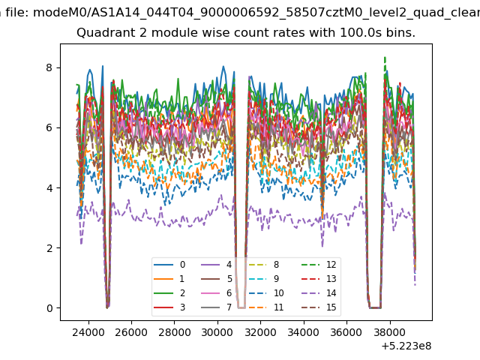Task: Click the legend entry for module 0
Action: coord(169,265)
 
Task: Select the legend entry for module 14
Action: coord(319,293)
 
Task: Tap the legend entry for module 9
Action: coord(264,278)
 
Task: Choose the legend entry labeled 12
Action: coord(319,265)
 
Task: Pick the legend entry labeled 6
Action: coord(217,293)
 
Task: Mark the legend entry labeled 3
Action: coord(169,307)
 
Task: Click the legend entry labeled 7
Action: coord(217,307)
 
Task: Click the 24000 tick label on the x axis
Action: coord(88,332)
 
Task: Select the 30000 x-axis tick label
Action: coord(217,332)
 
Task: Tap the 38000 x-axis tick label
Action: coord(390,332)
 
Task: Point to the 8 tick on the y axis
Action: coord(49,67)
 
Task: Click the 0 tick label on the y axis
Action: coord(49,308)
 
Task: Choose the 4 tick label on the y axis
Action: coord(49,188)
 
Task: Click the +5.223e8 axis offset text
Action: coord(406,346)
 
